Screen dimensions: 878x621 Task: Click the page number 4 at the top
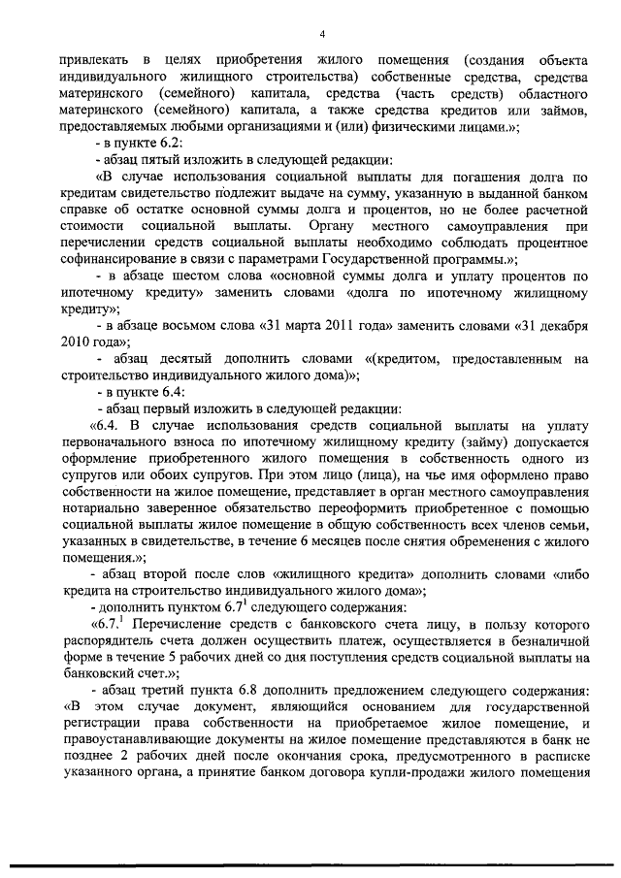[x=320, y=35]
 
